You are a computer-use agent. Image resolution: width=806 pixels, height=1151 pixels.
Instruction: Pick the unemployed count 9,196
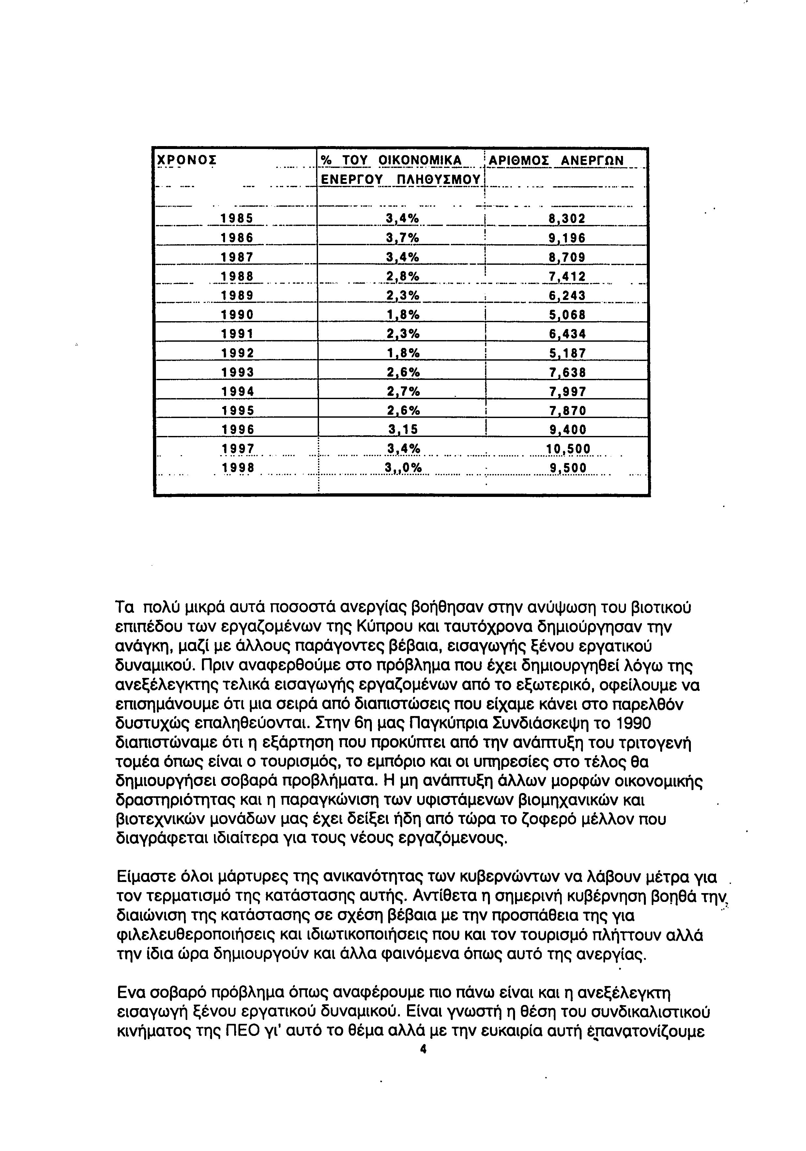click(x=567, y=238)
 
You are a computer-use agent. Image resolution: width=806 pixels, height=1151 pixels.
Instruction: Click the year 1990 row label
click(x=237, y=315)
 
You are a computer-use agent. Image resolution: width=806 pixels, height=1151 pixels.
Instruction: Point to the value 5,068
click(x=567, y=315)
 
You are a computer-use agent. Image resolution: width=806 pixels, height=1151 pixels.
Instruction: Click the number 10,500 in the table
click(x=567, y=449)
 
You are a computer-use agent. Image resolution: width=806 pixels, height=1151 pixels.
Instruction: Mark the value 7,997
click(x=567, y=392)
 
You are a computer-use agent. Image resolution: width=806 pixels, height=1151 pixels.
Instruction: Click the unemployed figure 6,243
click(x=567, y=296)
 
